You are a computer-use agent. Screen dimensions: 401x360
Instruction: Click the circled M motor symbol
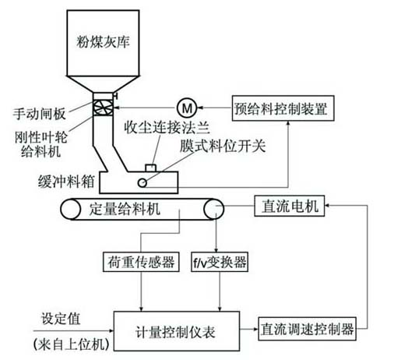(187, 108)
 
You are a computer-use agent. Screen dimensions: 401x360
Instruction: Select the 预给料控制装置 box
(283, 108)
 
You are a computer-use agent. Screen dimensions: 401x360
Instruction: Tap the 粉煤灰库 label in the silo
(103, 42)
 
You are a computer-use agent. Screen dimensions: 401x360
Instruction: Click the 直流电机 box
(290, 206)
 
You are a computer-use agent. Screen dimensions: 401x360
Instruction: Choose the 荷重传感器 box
(141, 262)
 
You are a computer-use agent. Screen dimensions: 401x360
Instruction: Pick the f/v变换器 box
(220, 262)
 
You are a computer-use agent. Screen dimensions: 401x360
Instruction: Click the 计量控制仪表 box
(177, 331)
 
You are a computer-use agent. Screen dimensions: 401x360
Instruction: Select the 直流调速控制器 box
(307, 329)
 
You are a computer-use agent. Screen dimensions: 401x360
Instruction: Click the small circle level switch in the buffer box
(142, 183)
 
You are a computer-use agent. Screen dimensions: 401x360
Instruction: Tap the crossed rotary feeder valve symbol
(103, 108)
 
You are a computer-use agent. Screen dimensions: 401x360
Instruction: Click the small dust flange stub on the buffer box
(150, 168)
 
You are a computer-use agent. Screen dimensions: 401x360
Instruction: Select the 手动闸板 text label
(40, 114)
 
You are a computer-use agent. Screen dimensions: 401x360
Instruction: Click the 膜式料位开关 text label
(223, 146)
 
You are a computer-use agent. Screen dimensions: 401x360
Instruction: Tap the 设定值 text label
(61, 319)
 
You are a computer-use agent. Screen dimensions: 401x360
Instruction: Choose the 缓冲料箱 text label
(66, 182)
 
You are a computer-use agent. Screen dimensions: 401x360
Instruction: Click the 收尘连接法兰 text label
(167, 127)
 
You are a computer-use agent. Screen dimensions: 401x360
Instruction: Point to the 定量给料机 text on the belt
(125, 209)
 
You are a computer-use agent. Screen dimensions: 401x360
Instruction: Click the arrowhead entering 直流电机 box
(327, 206)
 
